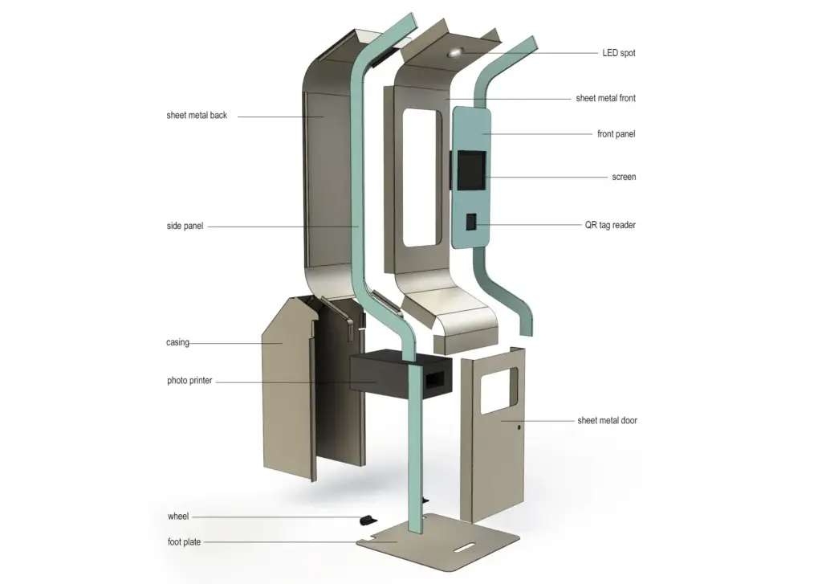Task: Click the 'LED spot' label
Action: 619,53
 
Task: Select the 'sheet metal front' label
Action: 605,98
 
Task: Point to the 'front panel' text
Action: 616,134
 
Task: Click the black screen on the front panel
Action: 471,170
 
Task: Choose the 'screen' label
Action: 624,177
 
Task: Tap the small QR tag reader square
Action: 471,222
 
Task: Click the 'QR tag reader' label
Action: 610,225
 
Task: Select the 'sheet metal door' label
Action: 607,420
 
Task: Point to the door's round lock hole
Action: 519,427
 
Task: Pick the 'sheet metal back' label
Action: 197,116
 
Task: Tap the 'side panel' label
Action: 185,227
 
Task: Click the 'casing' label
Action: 177,343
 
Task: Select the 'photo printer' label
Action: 189,381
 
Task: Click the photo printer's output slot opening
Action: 435,381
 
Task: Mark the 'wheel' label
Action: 177,517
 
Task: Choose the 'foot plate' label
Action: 184,542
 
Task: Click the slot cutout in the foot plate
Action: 464,549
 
